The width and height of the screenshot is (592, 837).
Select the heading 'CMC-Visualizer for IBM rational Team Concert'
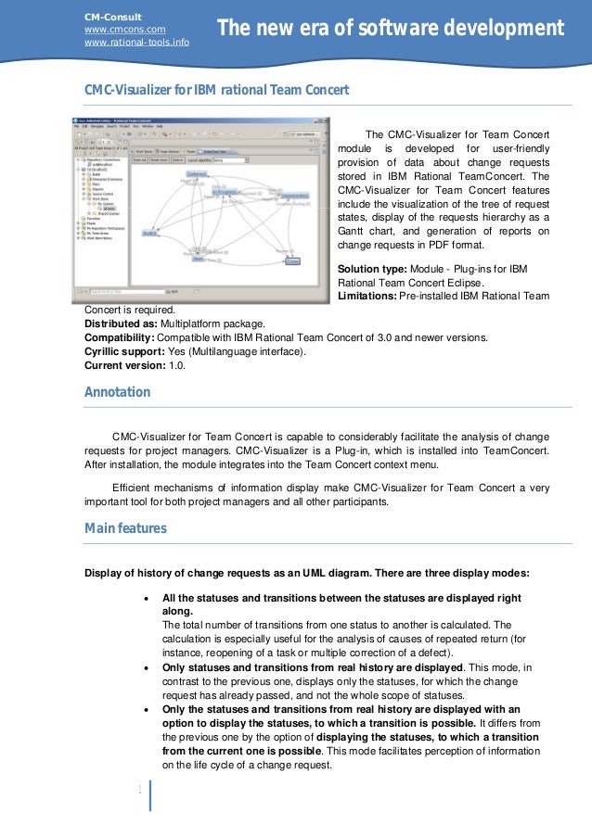pos(216,90)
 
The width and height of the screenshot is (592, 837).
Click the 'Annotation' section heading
pos(117,392)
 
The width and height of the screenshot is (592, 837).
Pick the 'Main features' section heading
pos(125,528)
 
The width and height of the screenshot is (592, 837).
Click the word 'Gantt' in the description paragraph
pos(354,231)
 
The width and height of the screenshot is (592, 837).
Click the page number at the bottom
pos(139,790)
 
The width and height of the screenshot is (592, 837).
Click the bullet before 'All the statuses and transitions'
pos(148,599)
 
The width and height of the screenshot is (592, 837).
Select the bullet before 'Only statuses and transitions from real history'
pos(148,667)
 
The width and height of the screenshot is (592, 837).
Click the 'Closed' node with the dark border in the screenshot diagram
pos(292,262)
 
